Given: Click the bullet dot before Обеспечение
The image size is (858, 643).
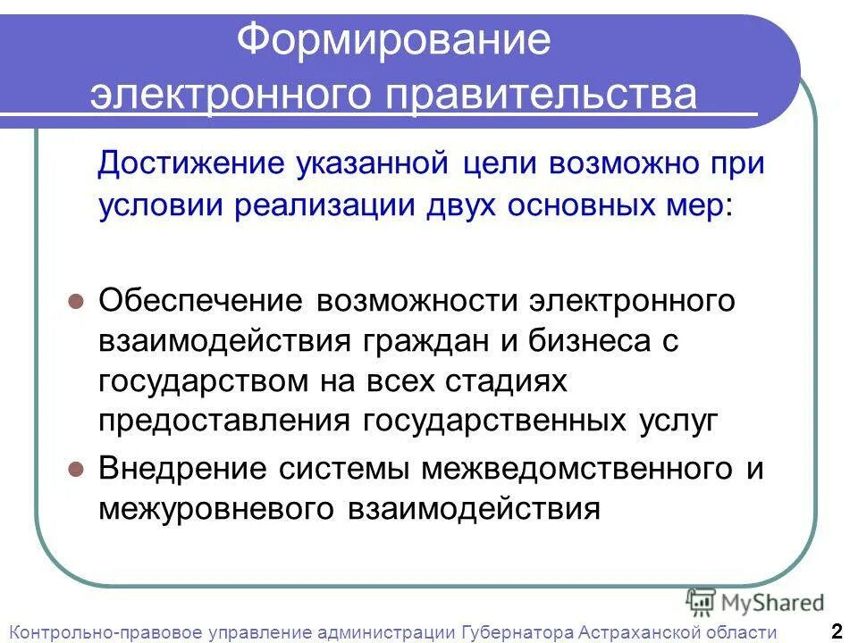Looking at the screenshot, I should (x=77, y=301).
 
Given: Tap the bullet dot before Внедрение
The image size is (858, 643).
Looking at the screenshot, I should (x=77, y=469).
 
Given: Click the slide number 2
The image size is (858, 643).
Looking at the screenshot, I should (x=837, y=630).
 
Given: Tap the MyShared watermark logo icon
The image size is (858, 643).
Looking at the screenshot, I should (x=701, y=602).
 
